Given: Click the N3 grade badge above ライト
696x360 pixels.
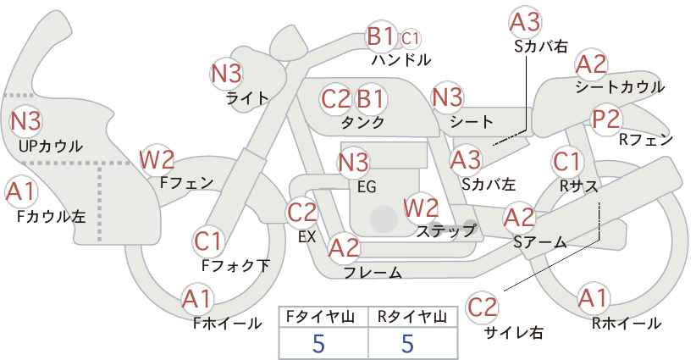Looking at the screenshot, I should pyautogui.click(x=227, y=74).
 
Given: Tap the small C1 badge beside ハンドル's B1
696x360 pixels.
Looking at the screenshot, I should pyautogui.click(x=411, y=37).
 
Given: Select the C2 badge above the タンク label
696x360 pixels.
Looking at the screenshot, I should pyautogui.click(x=336, y=98).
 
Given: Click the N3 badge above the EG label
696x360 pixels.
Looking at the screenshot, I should pyautogui.click(x=353, y=161).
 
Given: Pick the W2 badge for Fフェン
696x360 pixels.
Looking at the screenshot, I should pyautogui.click(x=157, y=158).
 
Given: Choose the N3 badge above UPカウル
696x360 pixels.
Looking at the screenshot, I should pyautogui.click(x=26, y=121).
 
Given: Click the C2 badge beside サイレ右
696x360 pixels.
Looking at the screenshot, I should pyautogui.click(x=483, y=306).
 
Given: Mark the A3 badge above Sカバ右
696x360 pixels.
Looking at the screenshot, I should pyautogui.click(x=526, y=22).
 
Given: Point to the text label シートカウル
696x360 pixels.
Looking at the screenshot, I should pyautogui.click(x=619, y=87).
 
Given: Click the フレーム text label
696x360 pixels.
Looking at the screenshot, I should pyautogui.click(x=373, y=273).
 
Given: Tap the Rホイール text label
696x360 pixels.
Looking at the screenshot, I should pyautogui.click(x=627, y=323).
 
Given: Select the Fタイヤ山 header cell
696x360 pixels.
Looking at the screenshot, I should pyautogui.click(x=323, y=316).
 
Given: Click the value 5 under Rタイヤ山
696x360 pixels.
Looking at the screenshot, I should pyautogui.click(x=407, y=343).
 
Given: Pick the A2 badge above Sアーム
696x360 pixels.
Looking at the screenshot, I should pyautogui.click(x=519, y=217).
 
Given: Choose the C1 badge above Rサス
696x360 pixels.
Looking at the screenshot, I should pyautogui.click(x=566, y=159).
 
